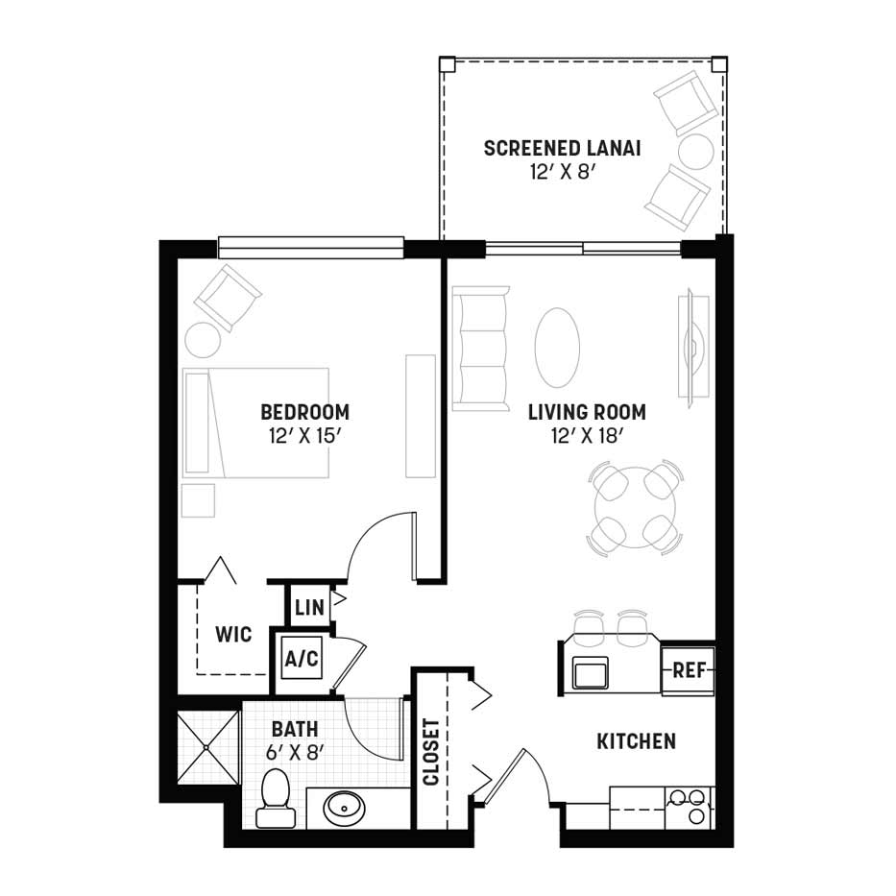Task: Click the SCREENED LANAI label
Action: click(x=563, y=149)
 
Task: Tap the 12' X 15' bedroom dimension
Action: click(x=305, y=437)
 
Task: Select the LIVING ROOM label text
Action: click(x=587, y=412)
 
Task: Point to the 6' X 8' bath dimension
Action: click(x=295, y=753)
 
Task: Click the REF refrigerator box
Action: click(x=689, y=670)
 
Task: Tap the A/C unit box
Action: click(x=302, y=660)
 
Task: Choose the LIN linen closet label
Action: click(x=310, y=608)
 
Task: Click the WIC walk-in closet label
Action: click(x=233, y=634)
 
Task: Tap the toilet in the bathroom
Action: click(x=276, y=798)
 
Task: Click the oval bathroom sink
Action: click(x=343, y=809)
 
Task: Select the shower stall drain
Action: click(x=206, y=747)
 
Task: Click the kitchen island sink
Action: click(x=591, y=672)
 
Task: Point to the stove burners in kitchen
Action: click(x=689, y=807)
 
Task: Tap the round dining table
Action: click(x=635, y=507)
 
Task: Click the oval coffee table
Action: click(x=557, y=348)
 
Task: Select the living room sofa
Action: click(x=480, y=349)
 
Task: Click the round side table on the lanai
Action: click(x=696, y=151)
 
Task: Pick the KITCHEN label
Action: click(x=636, y=741)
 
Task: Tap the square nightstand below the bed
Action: click(x=198, y=500)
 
